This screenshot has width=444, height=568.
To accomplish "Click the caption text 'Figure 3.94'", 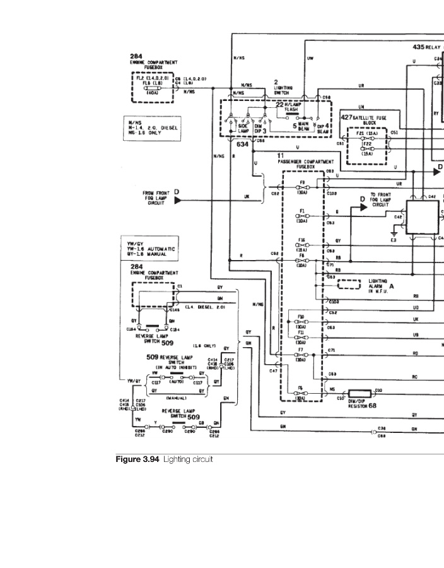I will [x=137, y=459].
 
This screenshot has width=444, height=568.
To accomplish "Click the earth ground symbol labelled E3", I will [x=394, y=234].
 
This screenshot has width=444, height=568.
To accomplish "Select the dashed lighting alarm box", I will [x=345, y=284].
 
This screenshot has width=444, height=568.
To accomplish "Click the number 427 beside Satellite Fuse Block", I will [x=346, y=117].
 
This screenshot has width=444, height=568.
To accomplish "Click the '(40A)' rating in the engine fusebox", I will [x=153, y=93].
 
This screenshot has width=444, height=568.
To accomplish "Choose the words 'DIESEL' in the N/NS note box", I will [x=168, y=128].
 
